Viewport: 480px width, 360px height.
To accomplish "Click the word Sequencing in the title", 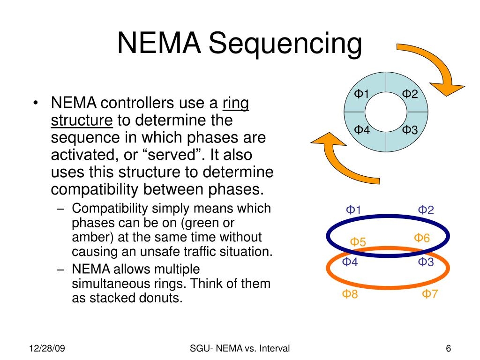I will pos(285,44).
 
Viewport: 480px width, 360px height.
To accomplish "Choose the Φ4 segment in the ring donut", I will pos(362,130).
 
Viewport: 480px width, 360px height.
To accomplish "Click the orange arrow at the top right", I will pos(434,70).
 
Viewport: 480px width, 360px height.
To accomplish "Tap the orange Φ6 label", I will pos(421,239).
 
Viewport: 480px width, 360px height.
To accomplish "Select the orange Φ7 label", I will pos(429,294).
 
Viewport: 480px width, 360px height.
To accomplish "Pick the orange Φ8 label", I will pos(350,295).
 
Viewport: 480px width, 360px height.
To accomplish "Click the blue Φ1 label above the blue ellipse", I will pos(353,210).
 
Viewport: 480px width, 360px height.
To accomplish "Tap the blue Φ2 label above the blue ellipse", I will pos(426,210).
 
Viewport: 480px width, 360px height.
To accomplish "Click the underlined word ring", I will pos(236,103).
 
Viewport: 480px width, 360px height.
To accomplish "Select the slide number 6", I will pos(448,348).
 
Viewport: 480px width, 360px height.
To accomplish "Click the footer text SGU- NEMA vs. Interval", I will pos(240,348).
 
